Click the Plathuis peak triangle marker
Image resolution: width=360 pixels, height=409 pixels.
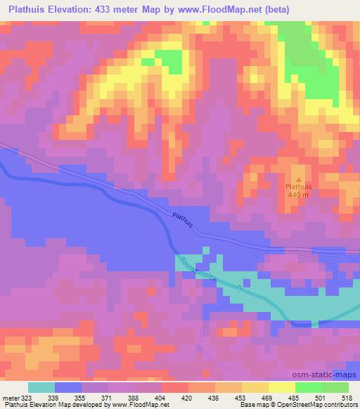[x=298, y=178]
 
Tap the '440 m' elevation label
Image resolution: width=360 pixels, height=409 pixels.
[x=298, y=196]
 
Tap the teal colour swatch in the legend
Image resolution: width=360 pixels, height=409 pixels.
[x=41, y=388]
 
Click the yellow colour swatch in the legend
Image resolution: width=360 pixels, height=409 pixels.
[x=282, y=388]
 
